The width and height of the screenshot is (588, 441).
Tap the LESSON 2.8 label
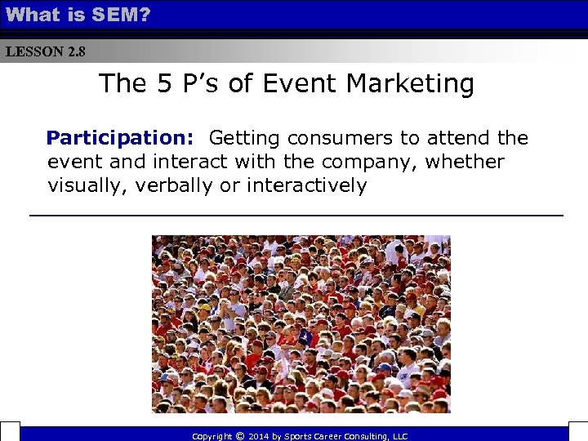point(45,52)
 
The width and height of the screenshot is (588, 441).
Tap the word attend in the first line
point(452,138)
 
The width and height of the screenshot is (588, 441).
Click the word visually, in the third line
point(86,185)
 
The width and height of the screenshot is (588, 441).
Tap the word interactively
point(306,185)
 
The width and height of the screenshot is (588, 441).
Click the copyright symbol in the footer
point(238,436)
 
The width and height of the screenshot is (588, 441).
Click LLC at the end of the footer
point(399,437)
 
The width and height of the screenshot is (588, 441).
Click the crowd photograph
point(301,323)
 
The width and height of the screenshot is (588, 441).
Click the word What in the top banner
point(29,15)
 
